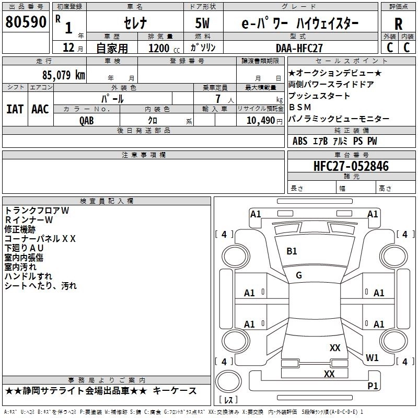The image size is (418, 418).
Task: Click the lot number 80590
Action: pyautogui.click(x=26, y=22)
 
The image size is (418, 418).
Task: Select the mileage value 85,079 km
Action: pyautogui.click(x=64, y=75)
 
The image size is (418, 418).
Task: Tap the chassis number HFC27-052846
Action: pyautogui.click(x=351, y=166)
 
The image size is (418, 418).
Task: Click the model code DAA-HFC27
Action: pyautogui.click(x=299, y=48)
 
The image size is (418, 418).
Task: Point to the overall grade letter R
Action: pyautogui.click(x=398, y=24)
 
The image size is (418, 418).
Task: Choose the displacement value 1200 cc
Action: pyautogui.click(x=164, y=48)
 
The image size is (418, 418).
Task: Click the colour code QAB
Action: pyautogui.click(x=87, y=121)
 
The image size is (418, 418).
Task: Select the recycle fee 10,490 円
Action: pyautogui.click(x=264, y=121)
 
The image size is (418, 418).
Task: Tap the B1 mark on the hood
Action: pyautogui.click(x=292, y=251)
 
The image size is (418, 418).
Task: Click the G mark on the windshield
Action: pyautogui.click(x=299, y=275)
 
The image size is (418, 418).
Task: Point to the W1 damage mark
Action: pyautogui.click(x=372, y=358)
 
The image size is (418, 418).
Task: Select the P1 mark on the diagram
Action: pyautogui.click(x=373, y=386)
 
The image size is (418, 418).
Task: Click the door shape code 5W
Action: pyautogui.click(x=202, y=23)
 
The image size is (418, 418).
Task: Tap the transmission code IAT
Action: pyautogui.click(x=15, y=109)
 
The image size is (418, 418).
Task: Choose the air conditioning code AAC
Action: pyautogui.click(x=40, y=109)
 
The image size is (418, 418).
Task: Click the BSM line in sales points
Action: pyautogui.click(x=300, y=107)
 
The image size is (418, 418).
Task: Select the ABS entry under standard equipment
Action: pyautogui.click(x=300, y=141)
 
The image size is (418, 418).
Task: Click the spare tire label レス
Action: pyautogui.click(x=228, y=400)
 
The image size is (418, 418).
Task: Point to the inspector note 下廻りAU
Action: pyautogui.click(x=24, y=248)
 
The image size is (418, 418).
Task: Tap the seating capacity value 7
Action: pyautogui.click(x=218, y=99)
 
